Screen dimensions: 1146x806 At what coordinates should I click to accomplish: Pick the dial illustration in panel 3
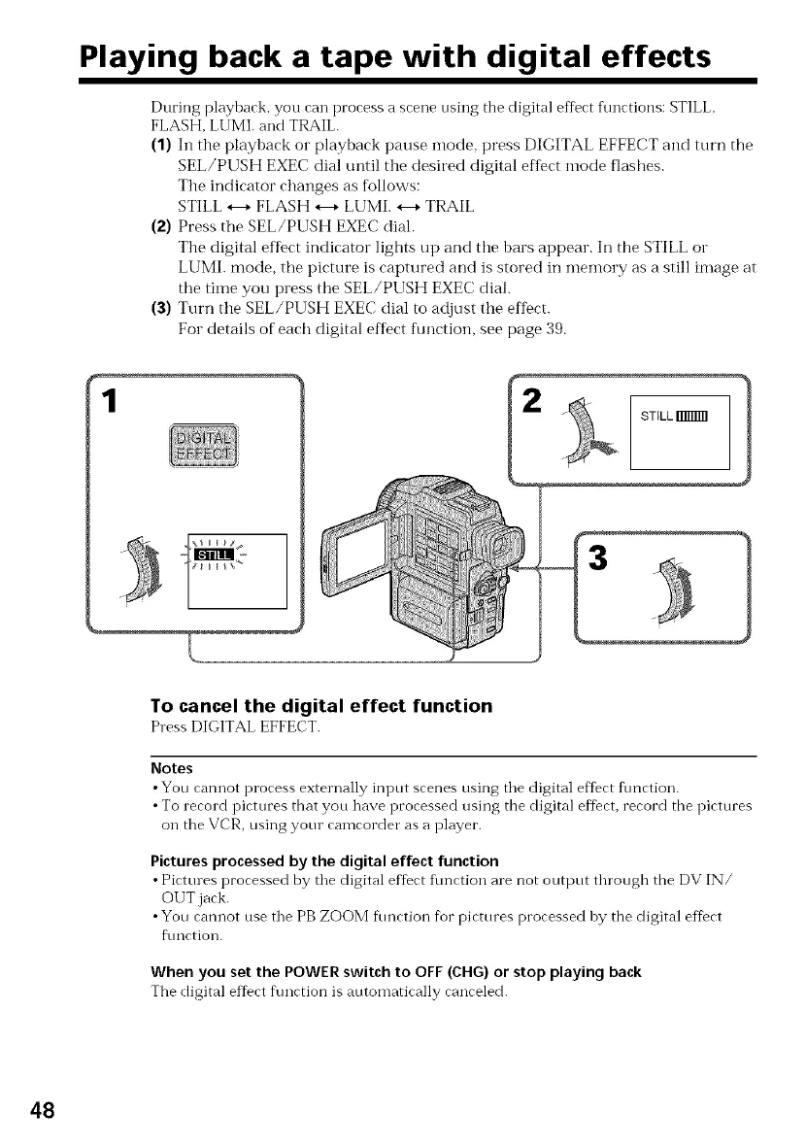coord(668,590)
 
